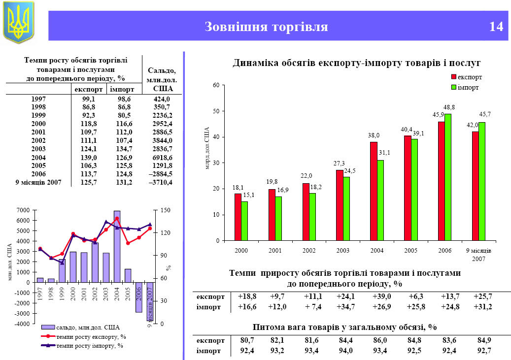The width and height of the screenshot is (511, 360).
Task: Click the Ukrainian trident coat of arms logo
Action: pyautogui.click(x=19, y=22)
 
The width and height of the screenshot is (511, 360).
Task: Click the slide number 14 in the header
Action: pyautogui.click(x=496, y=27)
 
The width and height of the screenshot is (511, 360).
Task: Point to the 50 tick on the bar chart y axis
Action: pyautogui.click(x=215, y=111)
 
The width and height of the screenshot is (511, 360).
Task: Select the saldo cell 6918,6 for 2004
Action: pyautogui.click(x=162, y=157)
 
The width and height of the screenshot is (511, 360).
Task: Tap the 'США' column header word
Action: pyautogui.click(x=163, y=89)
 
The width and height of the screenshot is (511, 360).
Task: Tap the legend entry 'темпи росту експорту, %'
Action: pyautogui.click(x=91, y=337)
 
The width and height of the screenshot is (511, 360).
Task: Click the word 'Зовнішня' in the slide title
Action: pyautogui.click(x=236, y=27)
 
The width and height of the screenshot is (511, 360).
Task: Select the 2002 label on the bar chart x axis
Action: pyautogui.click(x=309, y=251)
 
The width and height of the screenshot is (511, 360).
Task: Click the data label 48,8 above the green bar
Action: pyautogui.click(x=449, y=107)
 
